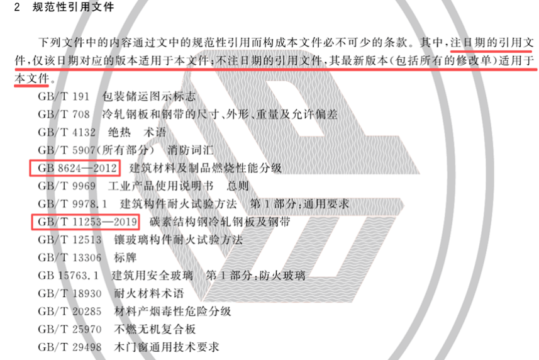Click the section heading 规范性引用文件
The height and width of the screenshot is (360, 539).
coord(73,7)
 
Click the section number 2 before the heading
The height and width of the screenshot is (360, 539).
coord(17,7)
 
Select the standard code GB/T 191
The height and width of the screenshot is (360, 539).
coord(64,97)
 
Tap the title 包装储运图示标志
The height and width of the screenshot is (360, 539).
coord(149,97)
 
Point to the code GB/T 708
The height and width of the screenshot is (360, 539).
coord(64,115)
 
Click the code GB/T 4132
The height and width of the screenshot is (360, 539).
coord(67,132)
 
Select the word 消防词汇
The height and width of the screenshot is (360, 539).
coord(191,150)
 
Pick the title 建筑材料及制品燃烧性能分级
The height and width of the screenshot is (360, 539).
coord(205,168)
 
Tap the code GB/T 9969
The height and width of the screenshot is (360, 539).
coord(67,186)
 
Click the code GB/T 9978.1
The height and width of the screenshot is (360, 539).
coord(72,204)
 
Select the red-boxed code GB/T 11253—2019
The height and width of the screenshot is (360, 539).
coord(87,222)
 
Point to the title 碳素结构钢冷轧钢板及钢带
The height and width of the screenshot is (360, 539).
coord(219,222)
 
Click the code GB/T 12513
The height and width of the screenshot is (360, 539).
coord(70,240)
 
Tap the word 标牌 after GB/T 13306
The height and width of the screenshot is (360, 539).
coord(125,257)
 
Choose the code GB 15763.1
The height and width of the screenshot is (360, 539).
coord(69,276)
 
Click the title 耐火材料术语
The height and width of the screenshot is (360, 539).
coord(149,293)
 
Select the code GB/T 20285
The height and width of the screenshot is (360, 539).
coord(70,311)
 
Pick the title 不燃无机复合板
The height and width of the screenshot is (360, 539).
coord(155,329)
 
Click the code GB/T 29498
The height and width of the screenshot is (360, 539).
coord(70,347)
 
